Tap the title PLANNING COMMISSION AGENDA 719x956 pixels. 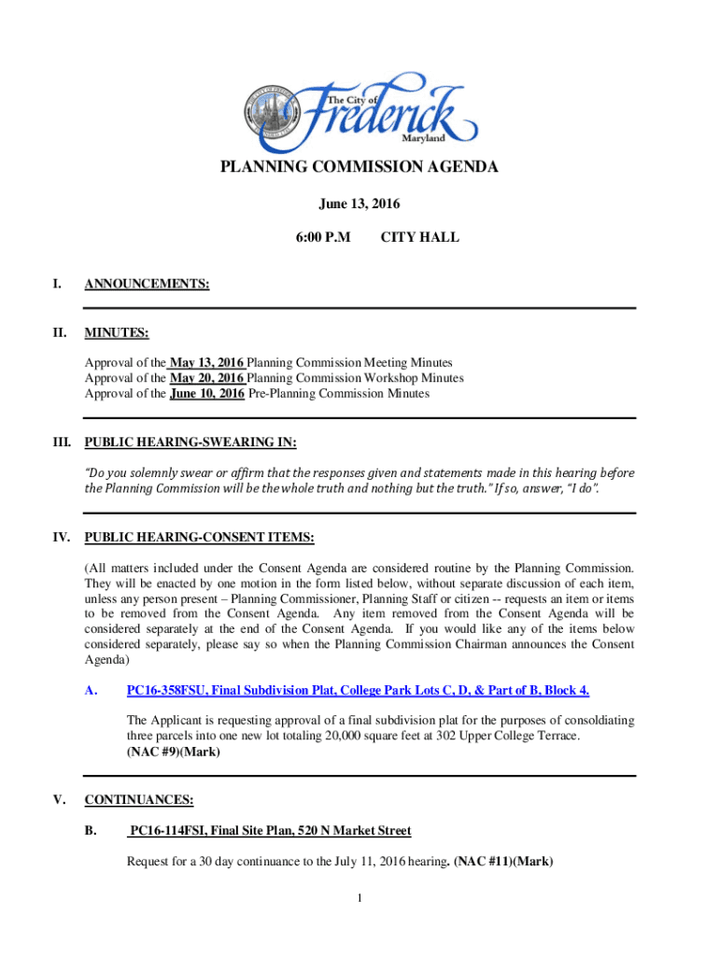[359, 168]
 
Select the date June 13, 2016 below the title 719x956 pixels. [359, 204]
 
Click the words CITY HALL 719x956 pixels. [420, 238]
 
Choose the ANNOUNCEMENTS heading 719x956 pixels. [147, 284]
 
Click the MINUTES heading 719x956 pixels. [117, 333]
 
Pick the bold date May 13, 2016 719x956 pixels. [206, 362]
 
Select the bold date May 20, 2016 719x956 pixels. [207, 378]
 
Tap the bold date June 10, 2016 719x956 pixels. [207, 394]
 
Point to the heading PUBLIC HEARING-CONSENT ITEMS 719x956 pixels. [199, 538]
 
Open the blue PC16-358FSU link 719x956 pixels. [358, 690]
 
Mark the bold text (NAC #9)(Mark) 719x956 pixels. [174, 752]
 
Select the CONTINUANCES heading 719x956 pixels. [139, 800]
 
